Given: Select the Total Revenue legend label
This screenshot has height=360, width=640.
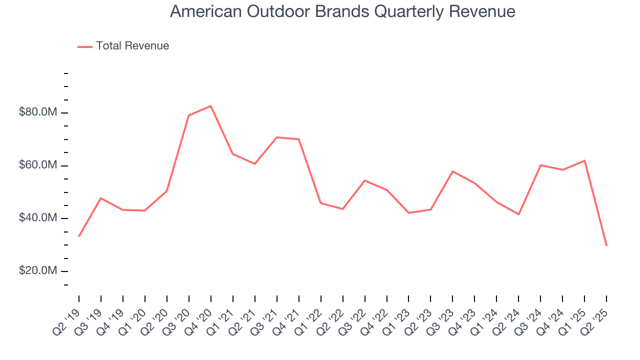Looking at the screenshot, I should pyautogui.click(x=132, y=46).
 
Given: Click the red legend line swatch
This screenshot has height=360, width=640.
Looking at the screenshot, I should pyautogui.click(x=85, y=46).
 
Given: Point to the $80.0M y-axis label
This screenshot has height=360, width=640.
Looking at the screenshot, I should pyautogui.click(x=37, y=112).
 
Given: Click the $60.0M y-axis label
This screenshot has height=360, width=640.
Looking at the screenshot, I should pyautogui.click(x=37, y=165).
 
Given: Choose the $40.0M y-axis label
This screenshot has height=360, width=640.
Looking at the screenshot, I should pyautogui.click(x=37, y=218).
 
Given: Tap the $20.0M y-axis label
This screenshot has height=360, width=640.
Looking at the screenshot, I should pyautogui.click(x=37, y=271).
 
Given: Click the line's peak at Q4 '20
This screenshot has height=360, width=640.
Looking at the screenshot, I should pyautogui.click(x=211, y=106).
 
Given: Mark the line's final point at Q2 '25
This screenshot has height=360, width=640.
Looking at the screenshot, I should pyautogui.click(x=606, y=245).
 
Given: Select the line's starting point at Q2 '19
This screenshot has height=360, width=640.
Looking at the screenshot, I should pyautogui.click(x=79, y=236).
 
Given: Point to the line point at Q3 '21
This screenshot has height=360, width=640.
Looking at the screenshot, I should pyautogui.click(x=277, y=137).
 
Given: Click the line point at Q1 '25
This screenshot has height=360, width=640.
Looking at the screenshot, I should pyautogui.click(x=584, y=160).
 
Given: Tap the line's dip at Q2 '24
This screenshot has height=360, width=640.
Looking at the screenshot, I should pyautogui.click(x=518, y=214).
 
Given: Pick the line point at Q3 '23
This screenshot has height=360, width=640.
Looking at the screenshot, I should pyautogui.click(x=452, y=171).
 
